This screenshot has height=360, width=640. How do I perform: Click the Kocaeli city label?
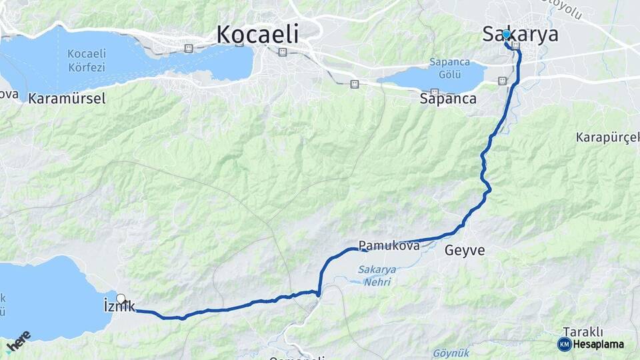[257, 34]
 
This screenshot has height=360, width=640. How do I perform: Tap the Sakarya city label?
[521, 35]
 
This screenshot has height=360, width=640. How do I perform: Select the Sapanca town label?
[448, 99]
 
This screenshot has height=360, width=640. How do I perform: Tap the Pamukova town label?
[389, 246]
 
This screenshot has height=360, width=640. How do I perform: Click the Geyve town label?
[465, 251]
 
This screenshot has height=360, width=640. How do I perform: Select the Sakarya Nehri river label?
[377, 275]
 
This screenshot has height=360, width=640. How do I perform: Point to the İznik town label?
[119, 307]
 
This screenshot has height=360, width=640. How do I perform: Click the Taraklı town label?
[583, 331]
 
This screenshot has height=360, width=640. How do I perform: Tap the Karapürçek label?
[608, 137]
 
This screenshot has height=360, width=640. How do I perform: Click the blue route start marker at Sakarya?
[507, 35]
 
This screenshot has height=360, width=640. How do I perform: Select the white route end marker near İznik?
[121, 299]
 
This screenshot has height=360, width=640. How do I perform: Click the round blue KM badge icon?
[564, 344]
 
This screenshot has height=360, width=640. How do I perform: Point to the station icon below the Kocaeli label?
[283, 51]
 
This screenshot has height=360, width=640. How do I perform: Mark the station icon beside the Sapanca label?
[435, 92]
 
